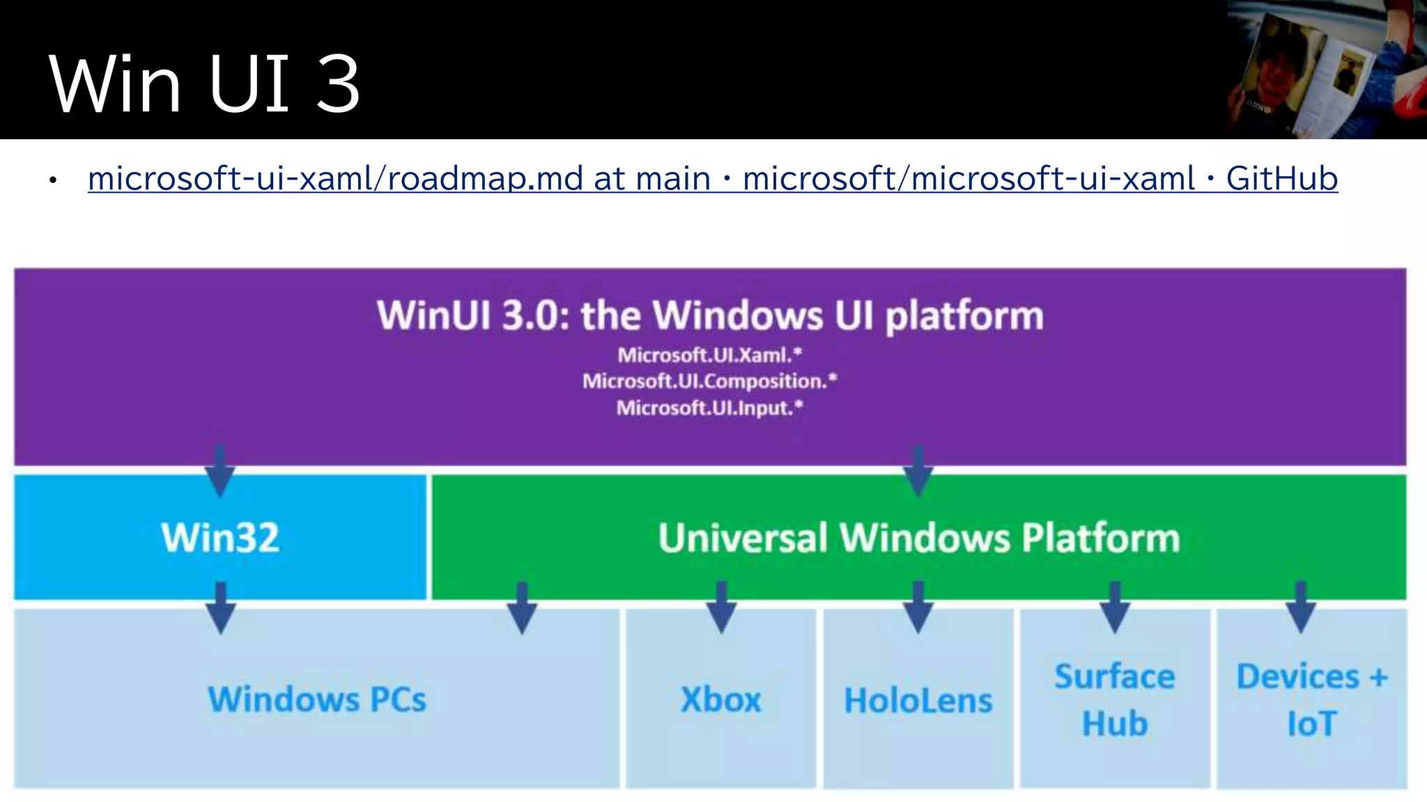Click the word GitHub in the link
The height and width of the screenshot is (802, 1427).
click(1281, 178)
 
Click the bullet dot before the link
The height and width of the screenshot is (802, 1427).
click(52, 182)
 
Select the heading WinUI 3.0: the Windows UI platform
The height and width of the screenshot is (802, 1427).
click(710, 315)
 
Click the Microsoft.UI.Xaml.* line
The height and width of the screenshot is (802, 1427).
click(710, 355)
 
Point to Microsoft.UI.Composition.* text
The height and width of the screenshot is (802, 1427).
click(710, 381)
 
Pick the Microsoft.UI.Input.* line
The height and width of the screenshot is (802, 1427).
click(710, 407)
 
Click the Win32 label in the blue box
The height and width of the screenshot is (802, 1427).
click(220, 537)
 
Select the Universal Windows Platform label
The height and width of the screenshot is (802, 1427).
click(918, 537)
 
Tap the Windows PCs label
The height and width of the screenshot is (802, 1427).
click(317, 699)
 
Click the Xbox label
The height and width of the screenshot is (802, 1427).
click(720, 700)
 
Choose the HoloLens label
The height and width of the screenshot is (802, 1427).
click(918, 700)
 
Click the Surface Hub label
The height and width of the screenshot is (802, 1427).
click(1114, 700)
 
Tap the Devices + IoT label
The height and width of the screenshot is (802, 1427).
click(1311, 700)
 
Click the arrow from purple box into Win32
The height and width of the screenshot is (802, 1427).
click(220, 472)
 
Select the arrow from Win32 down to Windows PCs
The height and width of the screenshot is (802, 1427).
click(220, 608)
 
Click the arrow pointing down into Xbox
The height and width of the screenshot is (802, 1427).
click(721, 608)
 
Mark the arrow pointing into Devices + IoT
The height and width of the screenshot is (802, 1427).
click(1300, 608)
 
